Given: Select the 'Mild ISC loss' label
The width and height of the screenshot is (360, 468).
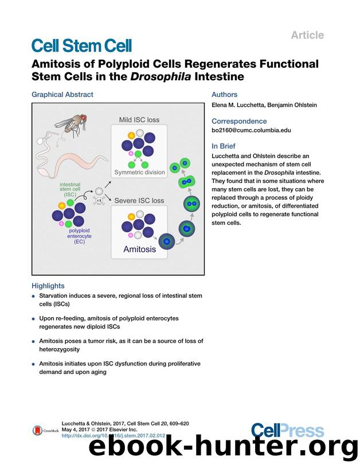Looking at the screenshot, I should (x=139, y=120).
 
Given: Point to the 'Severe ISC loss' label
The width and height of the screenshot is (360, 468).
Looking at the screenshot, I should (x=139, y=201).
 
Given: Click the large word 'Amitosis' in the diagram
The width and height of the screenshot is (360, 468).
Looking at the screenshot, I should (x=139, y=249).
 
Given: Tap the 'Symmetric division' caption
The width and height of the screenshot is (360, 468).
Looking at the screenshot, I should (x=139, y=172).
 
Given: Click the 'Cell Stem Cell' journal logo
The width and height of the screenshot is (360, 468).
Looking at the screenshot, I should (x=81, y=45).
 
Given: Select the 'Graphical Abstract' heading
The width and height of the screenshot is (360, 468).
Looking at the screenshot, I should (x=62, y=95).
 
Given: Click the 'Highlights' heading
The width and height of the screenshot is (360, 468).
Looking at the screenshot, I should (x=48, y=286).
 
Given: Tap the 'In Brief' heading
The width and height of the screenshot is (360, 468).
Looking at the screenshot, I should (x=225, y=146).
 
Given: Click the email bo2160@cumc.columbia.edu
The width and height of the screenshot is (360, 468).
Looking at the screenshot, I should (x=251, y=130).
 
